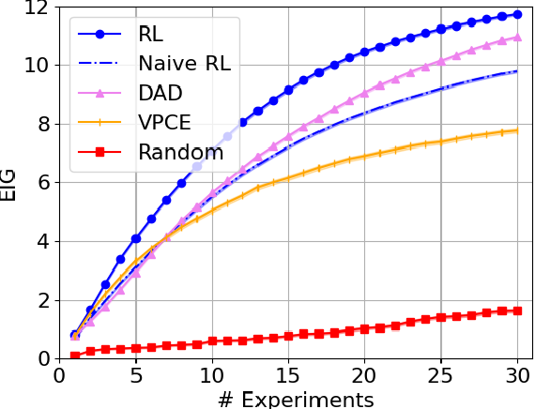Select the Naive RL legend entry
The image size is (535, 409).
pos(184,64)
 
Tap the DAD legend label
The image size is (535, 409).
pos(161,93)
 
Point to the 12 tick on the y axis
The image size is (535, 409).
pos(36,8)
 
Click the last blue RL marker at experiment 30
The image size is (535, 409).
pos(516,15)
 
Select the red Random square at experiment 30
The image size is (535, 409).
pos(516,311)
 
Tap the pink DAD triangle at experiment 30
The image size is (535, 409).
pos(516,38)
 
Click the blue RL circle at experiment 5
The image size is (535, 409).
pos(136,239)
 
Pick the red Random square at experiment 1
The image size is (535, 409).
pos(75,356)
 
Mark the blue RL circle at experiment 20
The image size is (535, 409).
pos(364,53)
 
